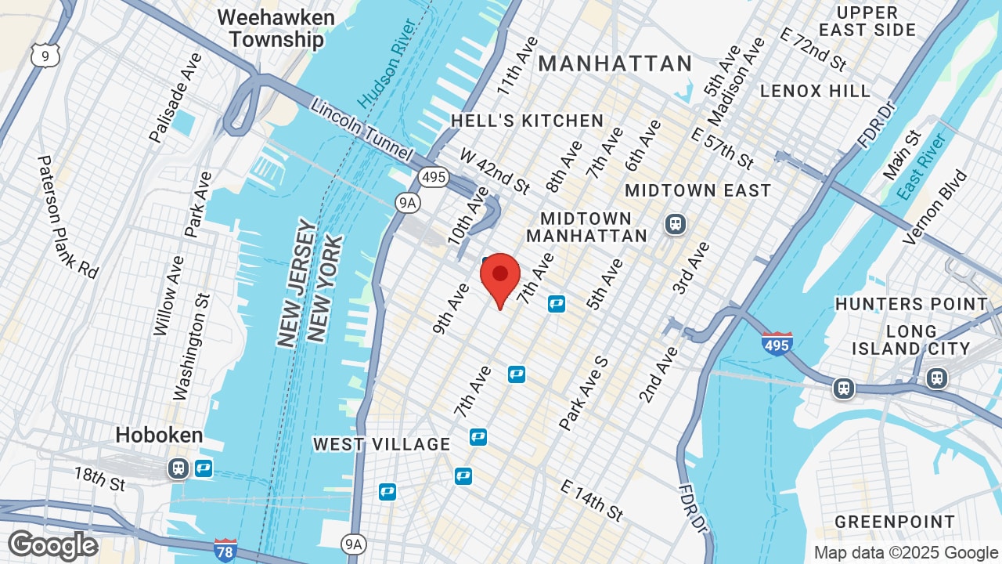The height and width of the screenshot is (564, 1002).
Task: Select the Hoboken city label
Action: pyautogui.click(x=159, y=436)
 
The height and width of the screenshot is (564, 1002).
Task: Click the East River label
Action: pyautogui.click(x=923, y=166)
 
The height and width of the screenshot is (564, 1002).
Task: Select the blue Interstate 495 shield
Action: pyautogui.click(x=777, y=343)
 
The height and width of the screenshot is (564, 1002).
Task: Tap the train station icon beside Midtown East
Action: pyautogui.click(x=675, y=224)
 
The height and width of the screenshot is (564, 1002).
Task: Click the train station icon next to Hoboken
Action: pyautogui.click(x=178, y=468)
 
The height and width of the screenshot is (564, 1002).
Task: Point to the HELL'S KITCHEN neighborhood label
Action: pyautogui.click(x=528, y=121)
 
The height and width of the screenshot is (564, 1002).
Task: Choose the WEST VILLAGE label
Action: pyautogui.click(x=381, y=444)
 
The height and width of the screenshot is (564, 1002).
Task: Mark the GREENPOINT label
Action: pyautogui.click(x=895, y=522)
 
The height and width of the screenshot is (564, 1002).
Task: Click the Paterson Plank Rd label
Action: pyautogui.click(x=67, y=217)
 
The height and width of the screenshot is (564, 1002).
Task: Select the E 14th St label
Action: pyautogui.click(x=592, y=500)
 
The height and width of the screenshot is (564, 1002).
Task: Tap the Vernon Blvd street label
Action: pyautogui.click(x=935, y=207)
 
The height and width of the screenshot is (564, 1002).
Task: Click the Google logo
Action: pyautogui.click(x=52, y=545)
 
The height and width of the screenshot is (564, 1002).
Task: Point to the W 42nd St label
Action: pyautogui.click(x=494, y=171)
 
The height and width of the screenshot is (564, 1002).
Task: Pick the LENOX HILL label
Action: pyautogui.click(x=815, y=91)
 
